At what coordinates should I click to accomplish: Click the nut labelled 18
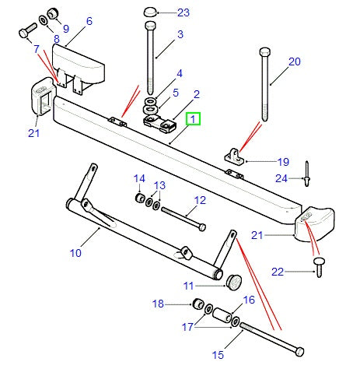pos(197,302)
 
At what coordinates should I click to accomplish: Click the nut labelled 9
pos(54,11)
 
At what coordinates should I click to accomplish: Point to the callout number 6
pos(89,22)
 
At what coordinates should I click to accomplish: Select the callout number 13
pos(159,185)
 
